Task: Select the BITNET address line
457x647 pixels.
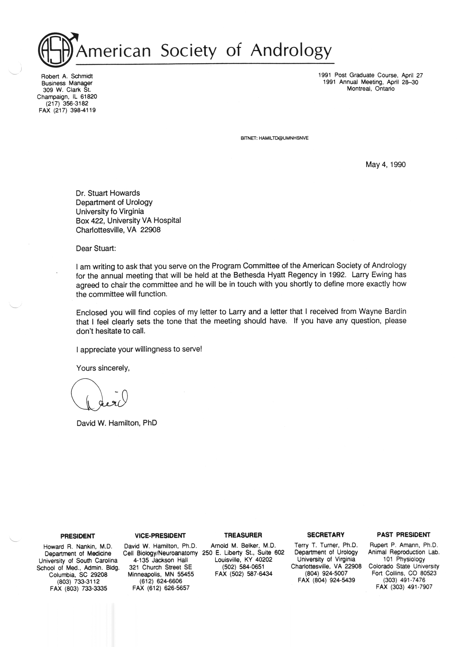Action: click(275, 138)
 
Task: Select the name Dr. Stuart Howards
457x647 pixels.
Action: click(108, 193)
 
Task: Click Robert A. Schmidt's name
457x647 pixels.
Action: click(67, 76)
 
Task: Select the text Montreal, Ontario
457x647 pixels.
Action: click(371, 89)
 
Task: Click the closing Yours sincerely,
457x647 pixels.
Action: click(103, 368)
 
